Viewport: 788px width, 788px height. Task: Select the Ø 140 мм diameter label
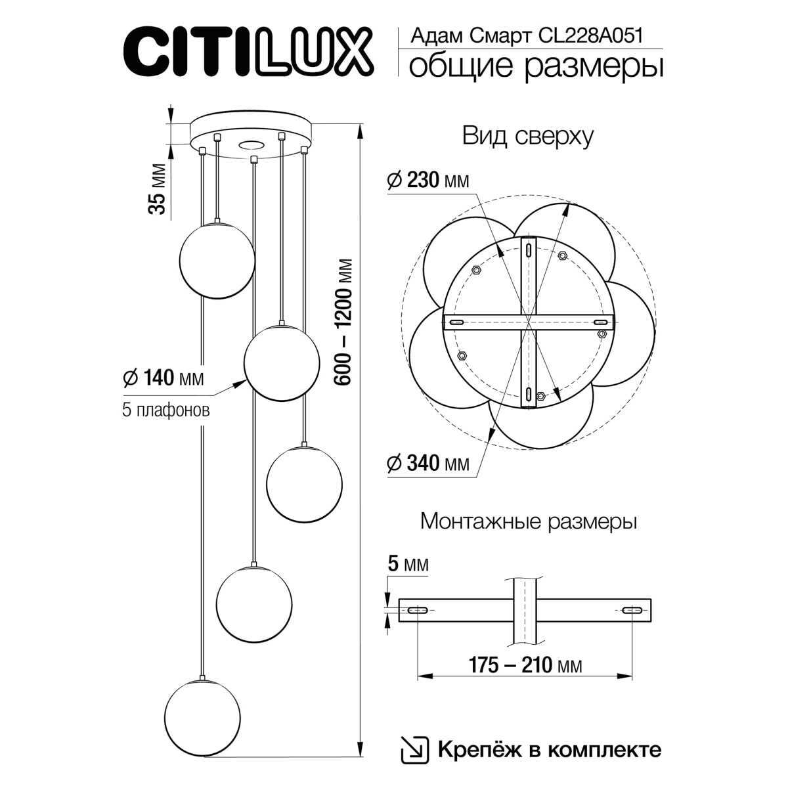[x=164, y=378]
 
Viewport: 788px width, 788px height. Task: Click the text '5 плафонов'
[x=166, y=410]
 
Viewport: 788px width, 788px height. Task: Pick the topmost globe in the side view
[x=217, y=259]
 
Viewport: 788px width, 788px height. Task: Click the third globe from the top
[x=304, y=483]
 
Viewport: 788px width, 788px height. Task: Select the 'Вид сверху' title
[x=528, y=136]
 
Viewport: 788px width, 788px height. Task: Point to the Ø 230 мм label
[x=429, y=180]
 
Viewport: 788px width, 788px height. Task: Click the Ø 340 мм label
[x=429, y=464]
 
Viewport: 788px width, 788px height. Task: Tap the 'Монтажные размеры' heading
[x=529, y=522]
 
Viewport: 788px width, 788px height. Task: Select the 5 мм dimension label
[x=407, y=564]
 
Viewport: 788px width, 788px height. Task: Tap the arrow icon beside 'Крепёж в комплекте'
[x=414, y=749]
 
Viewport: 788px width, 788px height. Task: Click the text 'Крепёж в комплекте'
[x=549, y=749]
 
